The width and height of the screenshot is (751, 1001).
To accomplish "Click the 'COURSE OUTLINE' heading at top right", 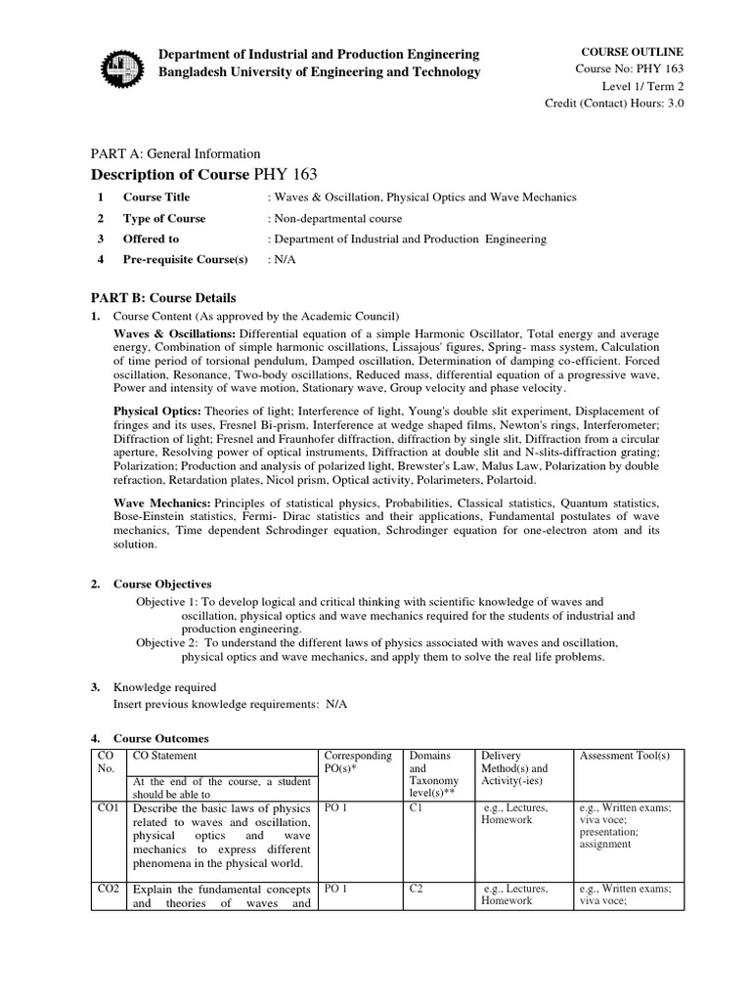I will pos(633,51).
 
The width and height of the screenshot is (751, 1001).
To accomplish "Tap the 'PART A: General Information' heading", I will pos(175,153).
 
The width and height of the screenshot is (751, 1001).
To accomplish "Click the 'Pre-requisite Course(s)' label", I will pos(185,259).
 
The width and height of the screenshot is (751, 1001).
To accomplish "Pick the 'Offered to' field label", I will pos(151,239).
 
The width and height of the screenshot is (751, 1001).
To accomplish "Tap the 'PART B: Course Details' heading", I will pos(163,297).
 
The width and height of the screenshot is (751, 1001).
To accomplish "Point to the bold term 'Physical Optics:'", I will pos(159,411).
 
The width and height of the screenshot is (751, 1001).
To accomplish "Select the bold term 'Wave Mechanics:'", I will pos(161,501).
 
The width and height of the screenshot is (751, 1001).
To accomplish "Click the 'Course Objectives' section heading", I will pos(162,584).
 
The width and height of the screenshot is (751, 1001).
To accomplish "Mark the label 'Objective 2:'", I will pos(167,642).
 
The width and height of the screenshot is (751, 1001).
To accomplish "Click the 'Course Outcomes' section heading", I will pos(160,738).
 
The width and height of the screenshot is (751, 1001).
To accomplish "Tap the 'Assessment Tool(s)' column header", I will pos(624,756).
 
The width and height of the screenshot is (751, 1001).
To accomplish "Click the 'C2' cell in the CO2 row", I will pos(417,889).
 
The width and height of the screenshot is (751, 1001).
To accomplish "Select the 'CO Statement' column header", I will pos(164,756).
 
